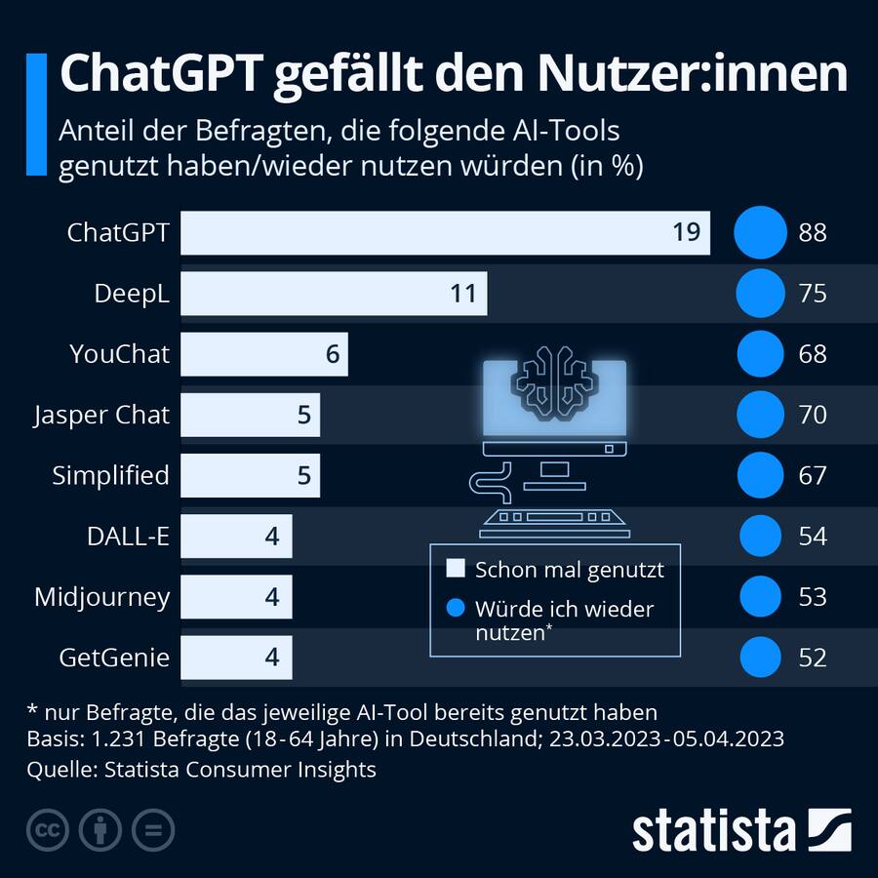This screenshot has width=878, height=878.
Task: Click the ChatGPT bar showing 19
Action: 445,233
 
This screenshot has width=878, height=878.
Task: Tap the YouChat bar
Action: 263,354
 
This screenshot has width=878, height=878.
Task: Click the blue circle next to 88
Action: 760,233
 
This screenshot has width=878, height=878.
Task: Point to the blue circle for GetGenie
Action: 760,657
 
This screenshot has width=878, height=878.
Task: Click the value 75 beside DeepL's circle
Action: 812,294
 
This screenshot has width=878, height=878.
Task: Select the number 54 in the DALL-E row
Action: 812,536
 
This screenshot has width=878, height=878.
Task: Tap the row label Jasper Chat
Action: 101,415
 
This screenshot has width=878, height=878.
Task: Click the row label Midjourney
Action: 101,596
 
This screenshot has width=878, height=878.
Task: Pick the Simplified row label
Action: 110,475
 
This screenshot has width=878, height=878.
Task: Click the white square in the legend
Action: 455,570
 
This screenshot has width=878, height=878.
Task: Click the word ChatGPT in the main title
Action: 160,76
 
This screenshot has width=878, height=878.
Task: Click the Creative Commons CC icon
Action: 47,830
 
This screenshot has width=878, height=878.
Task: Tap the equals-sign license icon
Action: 152,830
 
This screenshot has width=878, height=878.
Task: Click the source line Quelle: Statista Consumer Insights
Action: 202,770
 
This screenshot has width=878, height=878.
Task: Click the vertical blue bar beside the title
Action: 36,115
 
